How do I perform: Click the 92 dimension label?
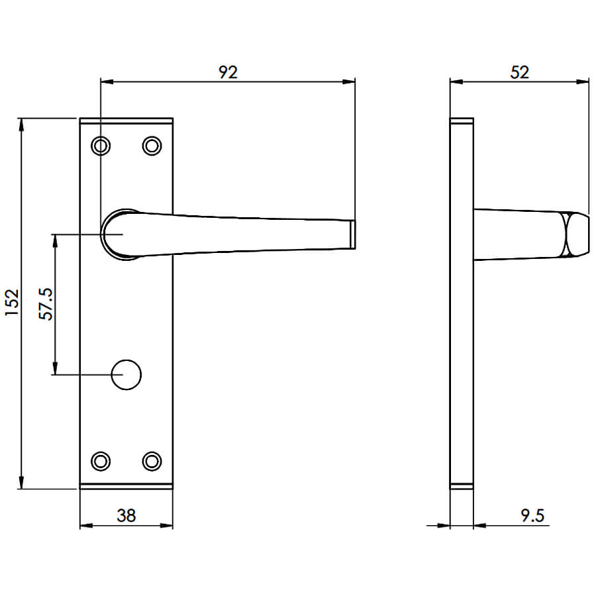pyautogui.click(x=228, y=72)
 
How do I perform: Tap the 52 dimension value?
pyautogui.click(x=519, y=72)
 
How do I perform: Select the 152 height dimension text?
pyautogui.click(x=12, y=303)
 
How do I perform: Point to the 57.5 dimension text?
pyautogui.click(x=46, y=304)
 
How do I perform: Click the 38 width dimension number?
pyautogui.click(x=126, y=515)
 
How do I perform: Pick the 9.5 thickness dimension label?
pyautogui.click(x=532, y=515)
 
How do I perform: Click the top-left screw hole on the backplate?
pyautogui.click(x=101, y=146)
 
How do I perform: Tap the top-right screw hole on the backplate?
pyautogui.click(x=152, y=146)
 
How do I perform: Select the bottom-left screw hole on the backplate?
pyautogui.click(x=101, y=461)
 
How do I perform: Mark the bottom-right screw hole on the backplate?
pyautogui.click(x=152, y=461)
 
